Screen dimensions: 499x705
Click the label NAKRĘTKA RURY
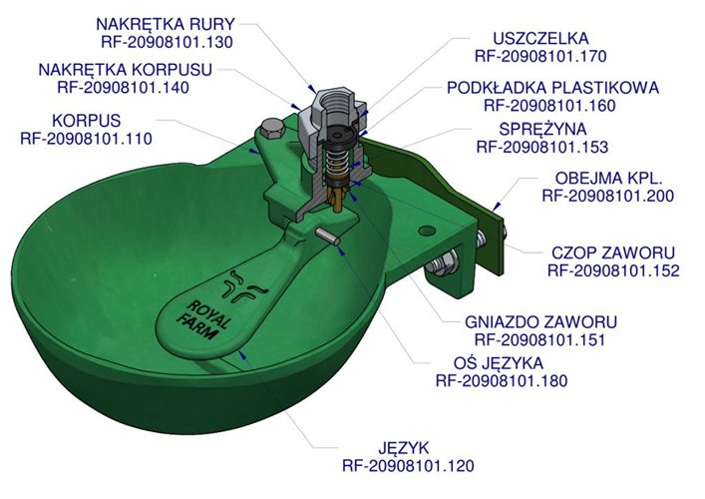165,23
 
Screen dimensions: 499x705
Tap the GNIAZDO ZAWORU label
541,322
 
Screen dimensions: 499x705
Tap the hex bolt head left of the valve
269,129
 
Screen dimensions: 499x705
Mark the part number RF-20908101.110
86,138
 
